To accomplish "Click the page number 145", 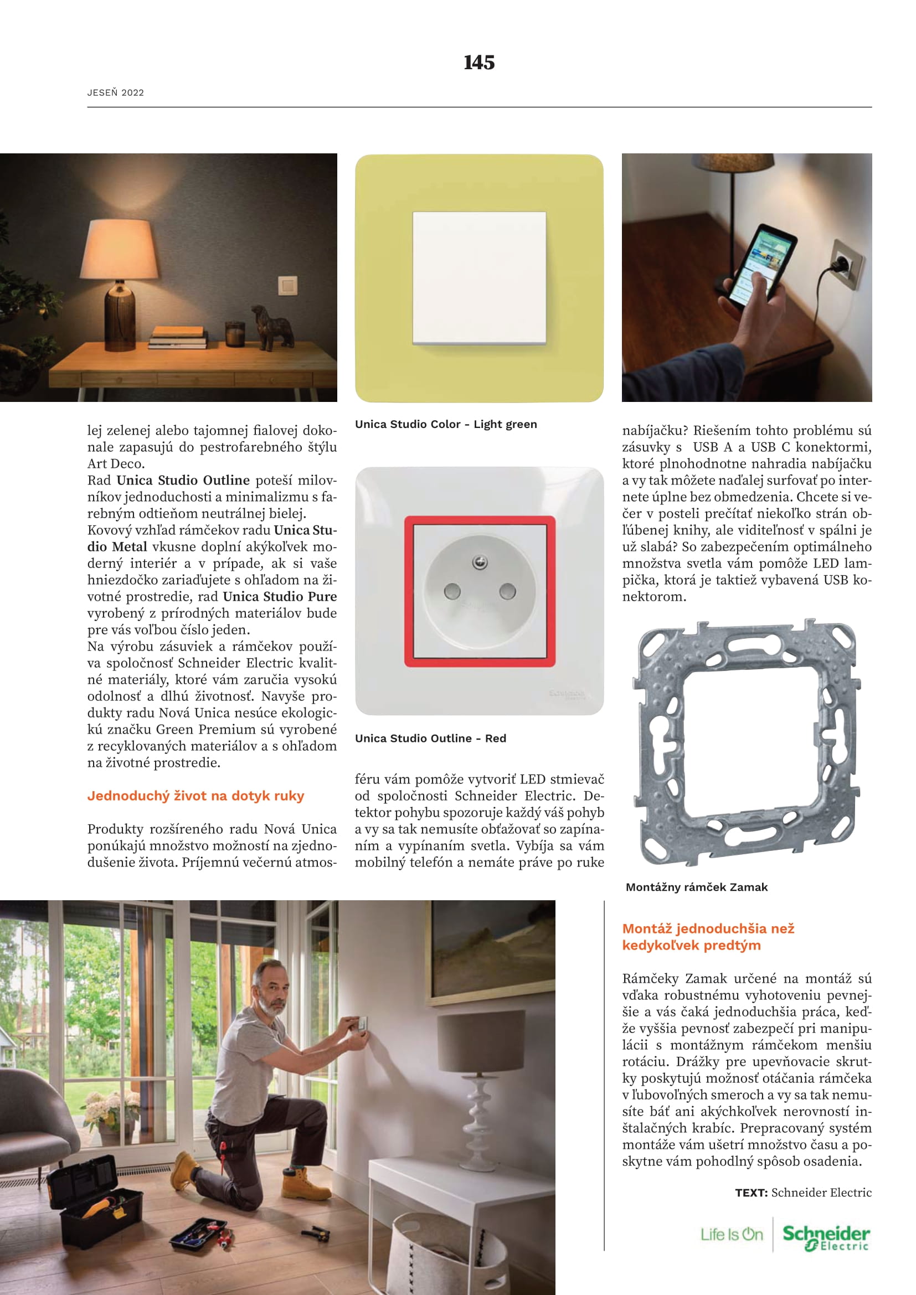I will click(479, 62).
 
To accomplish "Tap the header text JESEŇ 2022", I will click(116, 92).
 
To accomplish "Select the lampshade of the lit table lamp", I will click(120, 249).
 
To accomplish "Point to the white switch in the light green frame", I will click(479, 277).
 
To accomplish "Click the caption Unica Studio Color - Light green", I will click(446, 424).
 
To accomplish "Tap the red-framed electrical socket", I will click(480, 591).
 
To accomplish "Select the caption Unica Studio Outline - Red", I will click(430, 739).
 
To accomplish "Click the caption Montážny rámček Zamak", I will click(697, 887).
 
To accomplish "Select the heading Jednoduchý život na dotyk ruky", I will click(195, 796).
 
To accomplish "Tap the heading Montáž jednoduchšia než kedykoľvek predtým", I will click(708, 937).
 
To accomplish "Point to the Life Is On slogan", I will click(732, 1235).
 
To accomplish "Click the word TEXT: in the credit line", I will click(751, 1193).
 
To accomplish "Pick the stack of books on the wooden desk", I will click(178, 337).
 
